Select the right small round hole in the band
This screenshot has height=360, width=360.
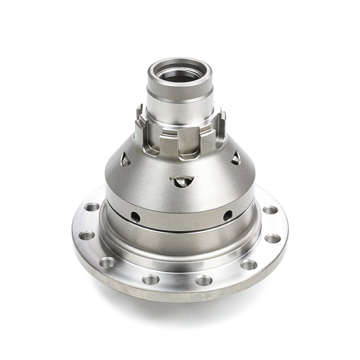[227, 215]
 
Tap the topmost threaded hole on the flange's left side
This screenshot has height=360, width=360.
[92, 207]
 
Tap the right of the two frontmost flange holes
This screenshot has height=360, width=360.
[204, 280]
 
